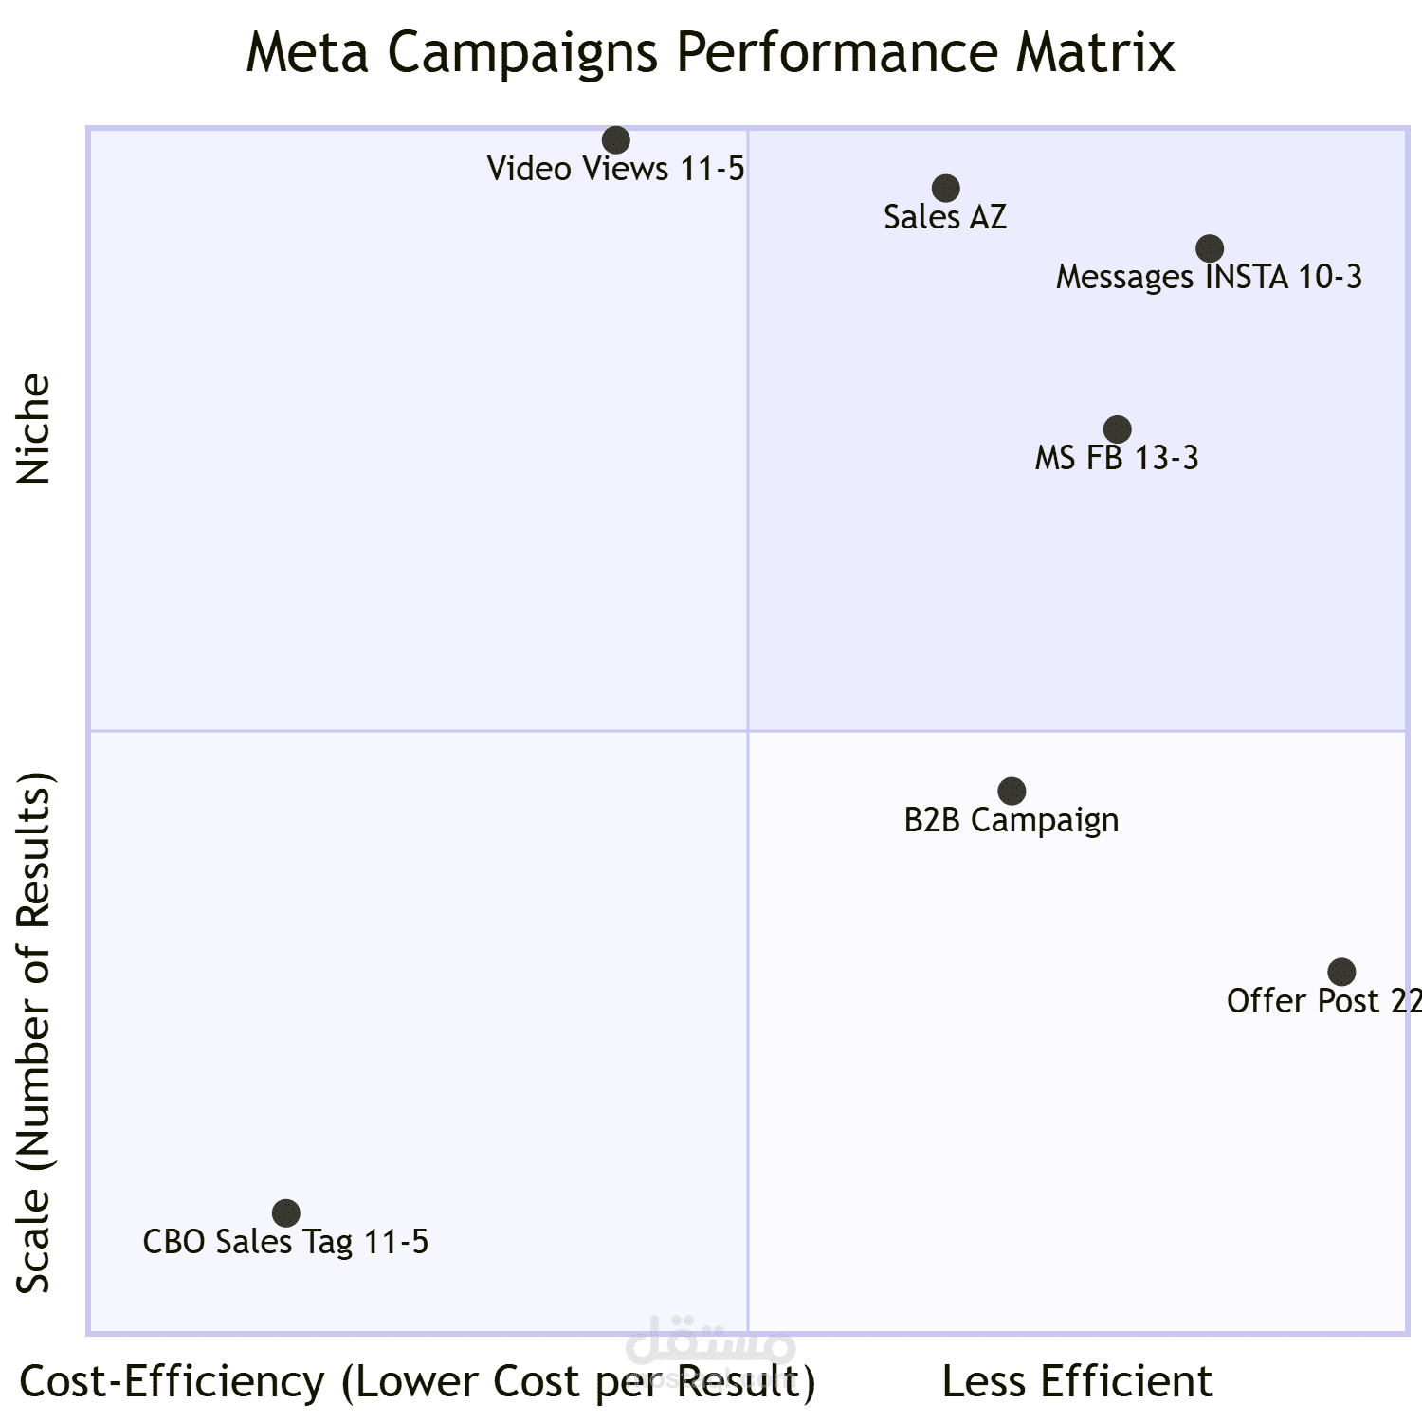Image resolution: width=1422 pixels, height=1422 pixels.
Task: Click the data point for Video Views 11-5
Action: pyautogui.click(x=616, y=140)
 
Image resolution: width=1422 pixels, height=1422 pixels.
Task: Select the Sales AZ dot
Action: pyautogui.click(x=945, y=189)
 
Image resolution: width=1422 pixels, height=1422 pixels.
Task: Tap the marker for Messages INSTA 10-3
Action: pyautogui.click(x=1209, y=248)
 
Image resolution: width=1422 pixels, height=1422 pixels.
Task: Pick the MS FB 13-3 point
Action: pyautogui.click(x=1118, y=429)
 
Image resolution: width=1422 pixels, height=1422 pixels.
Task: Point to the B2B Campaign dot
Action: pyautogui.click(x=1012, y=791)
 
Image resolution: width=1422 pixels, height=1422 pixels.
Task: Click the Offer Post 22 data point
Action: pyautogui.click(x=1341, y=972)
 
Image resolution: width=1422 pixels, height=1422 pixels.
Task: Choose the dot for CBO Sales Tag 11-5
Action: pyautogui.click(x=285, y=1212)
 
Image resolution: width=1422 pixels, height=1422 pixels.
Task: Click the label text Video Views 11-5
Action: pyautogui.click(x=616, y=170)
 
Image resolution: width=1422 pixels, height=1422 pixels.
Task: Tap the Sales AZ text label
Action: pyautogui.click(x=945, y=218)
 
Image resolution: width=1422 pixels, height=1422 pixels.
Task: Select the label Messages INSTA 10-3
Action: pyautogui.click(x=1209, y=278)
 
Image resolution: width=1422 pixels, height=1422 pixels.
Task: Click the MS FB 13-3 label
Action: pyautogui.click(x=1117, y=459)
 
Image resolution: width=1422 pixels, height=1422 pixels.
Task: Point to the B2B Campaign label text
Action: pyautogui.click(x=1012, y=820)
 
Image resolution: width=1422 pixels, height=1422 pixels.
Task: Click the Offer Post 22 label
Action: pyautogui.click(x=1323, y=1001)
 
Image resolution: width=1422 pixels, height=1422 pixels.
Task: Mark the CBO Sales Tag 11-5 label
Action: pyautogui.click(x=285, y=1242)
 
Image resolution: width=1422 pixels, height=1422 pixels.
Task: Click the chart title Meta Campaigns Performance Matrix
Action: pyautogui.click(x=710, y=53)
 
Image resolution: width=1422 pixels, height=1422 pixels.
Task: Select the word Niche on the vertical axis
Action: pyautogui.click(x=34, y=429)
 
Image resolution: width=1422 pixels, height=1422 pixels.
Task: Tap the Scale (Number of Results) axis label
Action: pyautogui.click(x=34, y=1032)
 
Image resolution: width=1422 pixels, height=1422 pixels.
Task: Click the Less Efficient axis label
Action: pyautogui.click(x=1077, y=1382)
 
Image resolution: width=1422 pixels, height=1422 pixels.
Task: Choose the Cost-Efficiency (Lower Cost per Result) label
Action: pyautogui.click(x=417, y=1382)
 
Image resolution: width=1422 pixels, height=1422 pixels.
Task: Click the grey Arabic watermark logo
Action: pyautogui.click(x=710, y=1341)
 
